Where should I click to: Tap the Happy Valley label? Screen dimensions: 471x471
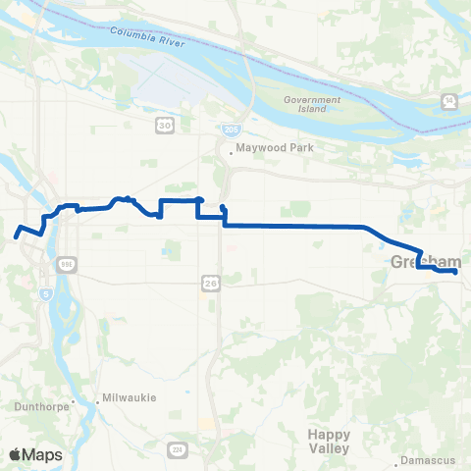(x=328, y=441)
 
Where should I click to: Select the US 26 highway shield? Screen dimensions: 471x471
(x=211, y=284)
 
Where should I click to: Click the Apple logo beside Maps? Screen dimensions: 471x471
(x=15, y=454)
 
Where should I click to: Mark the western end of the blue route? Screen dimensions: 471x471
(x=17, y=235)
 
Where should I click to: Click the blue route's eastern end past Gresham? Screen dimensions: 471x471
(x=455, y=272)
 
